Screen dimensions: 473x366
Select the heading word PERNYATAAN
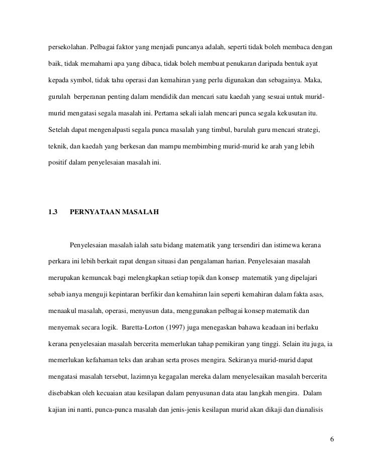[x=95, y=213]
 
